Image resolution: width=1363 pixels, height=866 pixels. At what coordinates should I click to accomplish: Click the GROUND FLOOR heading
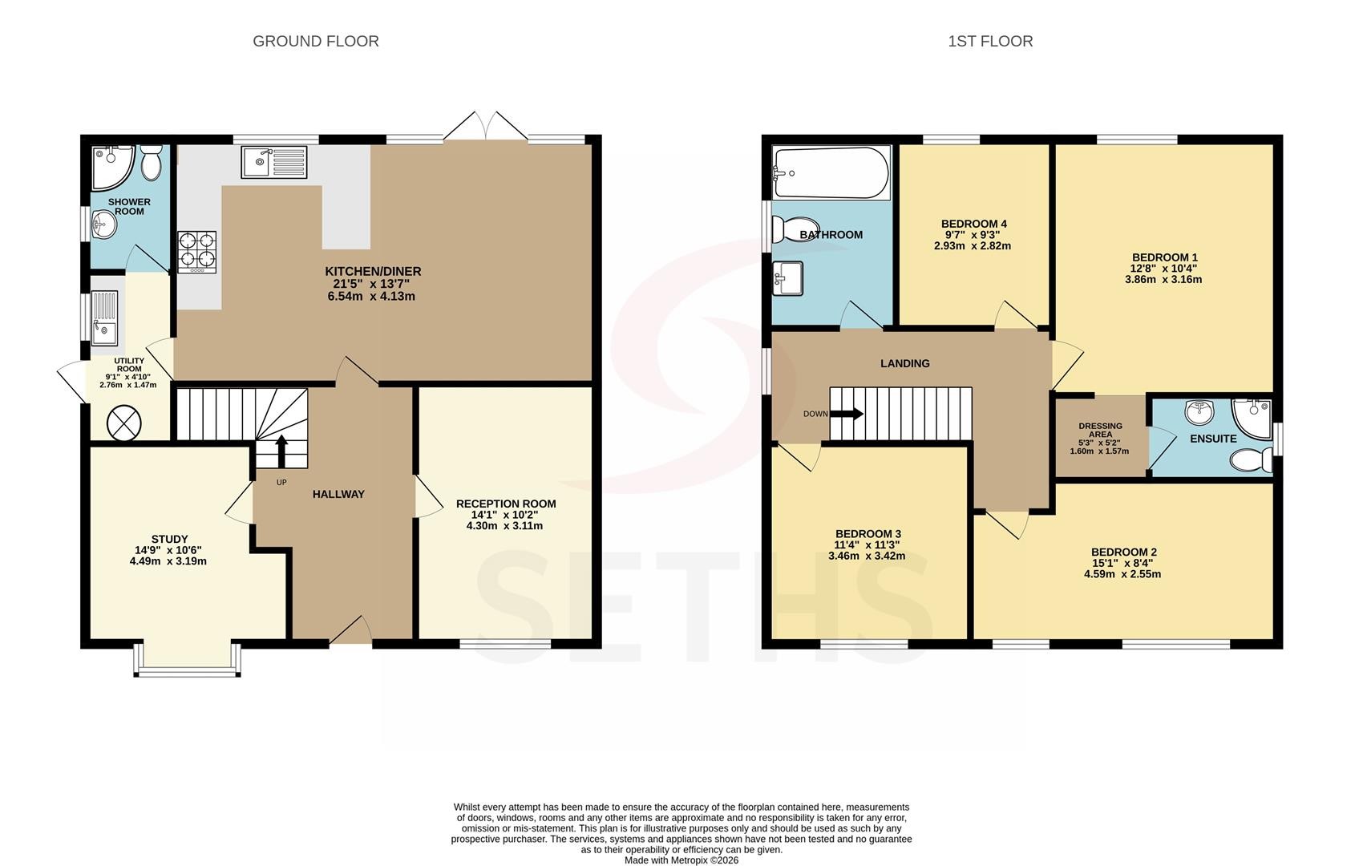tap(316, 42)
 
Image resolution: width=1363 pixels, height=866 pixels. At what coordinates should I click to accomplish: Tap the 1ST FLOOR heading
tap(990, 42)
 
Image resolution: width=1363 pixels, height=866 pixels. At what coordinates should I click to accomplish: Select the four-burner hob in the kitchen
tap(196, 251)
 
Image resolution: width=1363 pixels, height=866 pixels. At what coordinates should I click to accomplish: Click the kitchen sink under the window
tap(274, 162)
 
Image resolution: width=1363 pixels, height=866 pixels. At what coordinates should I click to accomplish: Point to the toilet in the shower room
tap(150, 162)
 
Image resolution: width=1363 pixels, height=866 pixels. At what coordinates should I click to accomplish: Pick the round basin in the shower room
tap(104, 225)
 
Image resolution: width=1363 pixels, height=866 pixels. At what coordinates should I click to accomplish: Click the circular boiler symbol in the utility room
tap(124, 423)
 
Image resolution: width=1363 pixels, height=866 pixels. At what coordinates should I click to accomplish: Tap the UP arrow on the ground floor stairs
tap(281, 451)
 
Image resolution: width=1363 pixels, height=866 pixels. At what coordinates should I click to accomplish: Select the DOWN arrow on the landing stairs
tap(847, 414)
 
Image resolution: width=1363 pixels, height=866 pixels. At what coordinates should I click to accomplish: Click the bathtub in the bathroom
tap(831, 173)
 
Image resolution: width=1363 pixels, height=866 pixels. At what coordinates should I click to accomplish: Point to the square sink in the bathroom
tap(787, 279)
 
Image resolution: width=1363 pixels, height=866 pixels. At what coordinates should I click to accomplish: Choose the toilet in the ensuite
tap(1251, 460)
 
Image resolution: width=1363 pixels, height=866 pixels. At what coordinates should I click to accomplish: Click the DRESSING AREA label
tap(1100, 431)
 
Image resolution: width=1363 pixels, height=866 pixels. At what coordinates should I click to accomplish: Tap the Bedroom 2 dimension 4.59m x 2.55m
tap(1122, 574)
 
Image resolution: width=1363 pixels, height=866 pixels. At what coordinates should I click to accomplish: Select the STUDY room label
tap(170, 539)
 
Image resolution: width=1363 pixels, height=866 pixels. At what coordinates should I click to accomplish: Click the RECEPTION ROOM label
tap(506, 504)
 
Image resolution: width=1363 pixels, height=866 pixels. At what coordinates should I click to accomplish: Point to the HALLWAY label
tap(338, 494)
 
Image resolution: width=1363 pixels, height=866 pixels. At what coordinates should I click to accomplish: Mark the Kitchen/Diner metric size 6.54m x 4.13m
tap(371, 297)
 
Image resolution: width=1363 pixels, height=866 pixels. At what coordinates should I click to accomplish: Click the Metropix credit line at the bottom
tap(681, 860)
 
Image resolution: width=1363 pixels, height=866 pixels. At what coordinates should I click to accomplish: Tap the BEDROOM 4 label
tap(973, 224)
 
